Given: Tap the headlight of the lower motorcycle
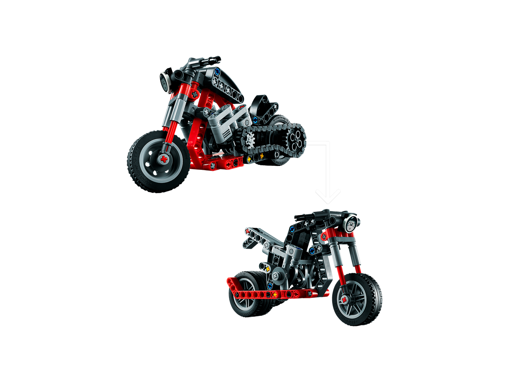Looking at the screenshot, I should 351,223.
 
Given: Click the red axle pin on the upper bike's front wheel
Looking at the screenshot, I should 163,159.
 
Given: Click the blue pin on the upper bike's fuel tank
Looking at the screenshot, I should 217,72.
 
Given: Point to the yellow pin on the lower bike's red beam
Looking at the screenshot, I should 275,294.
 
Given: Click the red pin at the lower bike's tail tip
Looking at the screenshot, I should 247,231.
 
